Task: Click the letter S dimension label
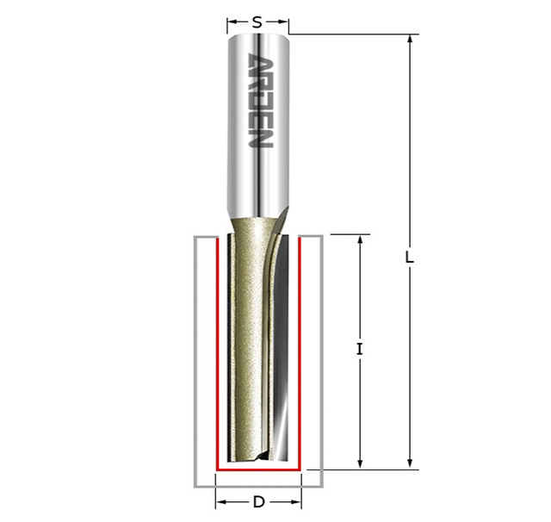point(257,22)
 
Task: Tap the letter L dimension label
point(410,258)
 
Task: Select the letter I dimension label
point(359,350)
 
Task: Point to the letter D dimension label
point(258,502)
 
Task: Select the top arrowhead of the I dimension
point(360,239)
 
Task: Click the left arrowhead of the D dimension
point(220,502)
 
